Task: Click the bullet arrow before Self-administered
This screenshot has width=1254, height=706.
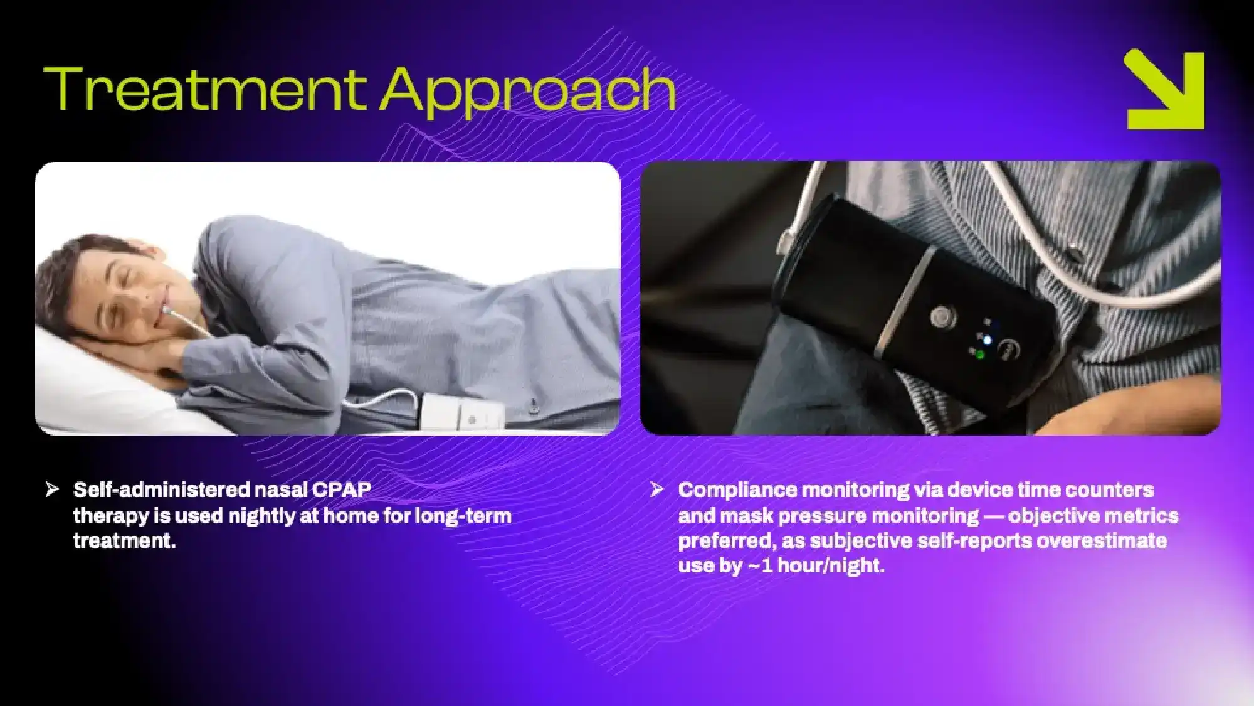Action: point(52,489)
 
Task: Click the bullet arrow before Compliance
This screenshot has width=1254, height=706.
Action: point(656,489)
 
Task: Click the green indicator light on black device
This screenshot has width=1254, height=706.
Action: point(979,355)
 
